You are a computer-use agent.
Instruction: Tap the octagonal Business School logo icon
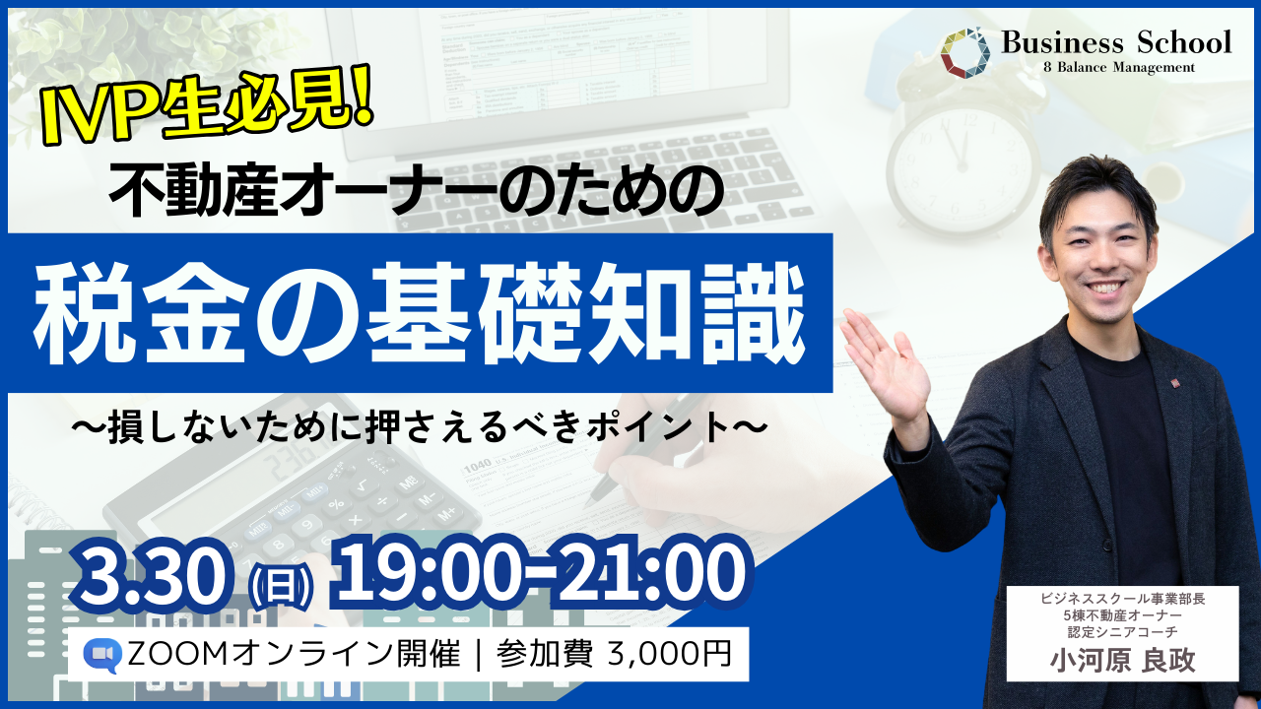pyautogui.click(x=965, y=52)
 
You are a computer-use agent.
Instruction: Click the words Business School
pyautogui.click(x=1116, y=42)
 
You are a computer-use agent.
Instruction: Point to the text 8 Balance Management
pyautogui.click(x=1119, y=68)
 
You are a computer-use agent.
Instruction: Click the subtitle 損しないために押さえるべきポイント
pyautogui.click(x=420, y=428)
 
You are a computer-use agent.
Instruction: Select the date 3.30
pyautogui.click(x=153, y=577)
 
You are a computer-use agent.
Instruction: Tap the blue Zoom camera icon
pyautogui.click(x=102, y=655)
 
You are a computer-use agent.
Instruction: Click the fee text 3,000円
pyautogui.click(x=670, y=655)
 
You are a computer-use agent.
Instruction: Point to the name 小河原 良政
pyautogui.click(x=1122, y=660)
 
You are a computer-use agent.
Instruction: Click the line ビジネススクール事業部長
pyautogui.click(x=1122, y=599)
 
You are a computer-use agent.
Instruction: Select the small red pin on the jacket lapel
pyautogui.click(x=1175, y=383)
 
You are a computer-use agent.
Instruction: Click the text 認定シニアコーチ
pyautogui.click(x=1122, y=632)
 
